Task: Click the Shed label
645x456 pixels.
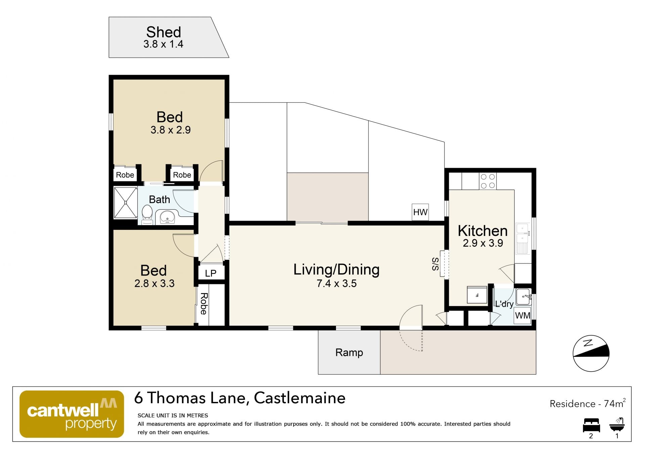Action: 164,32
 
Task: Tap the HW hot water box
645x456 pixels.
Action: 420,212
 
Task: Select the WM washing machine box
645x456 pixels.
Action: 522,316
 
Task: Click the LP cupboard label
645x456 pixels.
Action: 211,273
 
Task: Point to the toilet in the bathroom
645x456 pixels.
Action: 147,214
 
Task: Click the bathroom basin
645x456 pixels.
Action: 167,217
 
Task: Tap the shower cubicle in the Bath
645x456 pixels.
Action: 126,202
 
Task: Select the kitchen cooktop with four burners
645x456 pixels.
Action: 488,181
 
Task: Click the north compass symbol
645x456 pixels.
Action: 591,353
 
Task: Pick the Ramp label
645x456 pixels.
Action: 349,353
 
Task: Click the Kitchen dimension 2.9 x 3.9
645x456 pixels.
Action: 483,243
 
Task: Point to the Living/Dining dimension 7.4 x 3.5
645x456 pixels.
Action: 337,283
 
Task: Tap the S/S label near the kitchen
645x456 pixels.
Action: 435,264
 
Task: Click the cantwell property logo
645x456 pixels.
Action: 72,414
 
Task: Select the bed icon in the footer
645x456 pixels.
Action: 591,425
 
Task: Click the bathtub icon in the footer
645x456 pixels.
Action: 617,425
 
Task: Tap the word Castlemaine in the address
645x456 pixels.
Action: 300,398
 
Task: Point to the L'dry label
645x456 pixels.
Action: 504,304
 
